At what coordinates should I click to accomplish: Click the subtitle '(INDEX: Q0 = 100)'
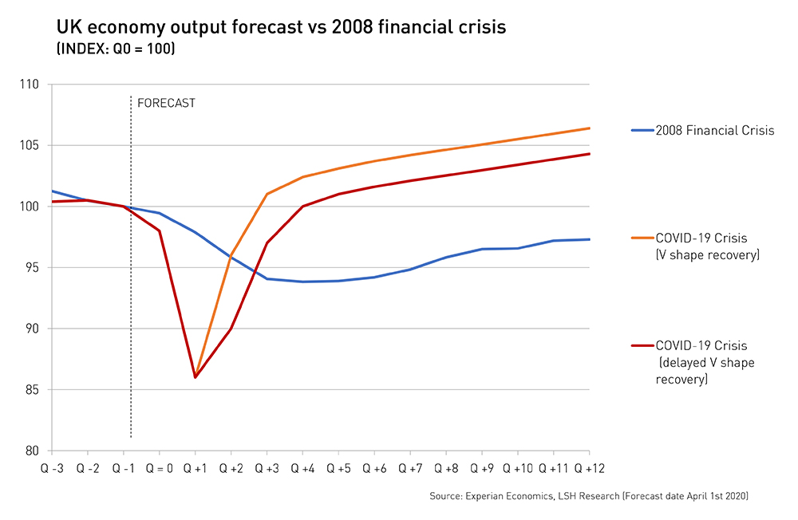tap(115, 49)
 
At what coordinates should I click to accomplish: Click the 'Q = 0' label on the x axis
tap(159, 468)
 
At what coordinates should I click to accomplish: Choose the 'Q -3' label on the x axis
tap(53, 468)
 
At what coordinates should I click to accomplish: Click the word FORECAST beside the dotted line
tap(166, 103)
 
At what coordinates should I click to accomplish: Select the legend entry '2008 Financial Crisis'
tap(714, 130)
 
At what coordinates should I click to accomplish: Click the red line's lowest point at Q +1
tap(195, 377)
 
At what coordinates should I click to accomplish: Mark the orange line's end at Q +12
tap(589, 128)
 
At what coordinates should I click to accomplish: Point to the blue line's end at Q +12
tap(589, 239)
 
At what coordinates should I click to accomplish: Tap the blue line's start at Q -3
tap(52, 191)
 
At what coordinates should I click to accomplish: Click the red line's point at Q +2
tap(231, 329)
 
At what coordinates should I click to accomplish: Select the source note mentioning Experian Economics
tap(589, 496)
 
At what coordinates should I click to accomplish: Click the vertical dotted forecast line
tap(130, 319)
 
